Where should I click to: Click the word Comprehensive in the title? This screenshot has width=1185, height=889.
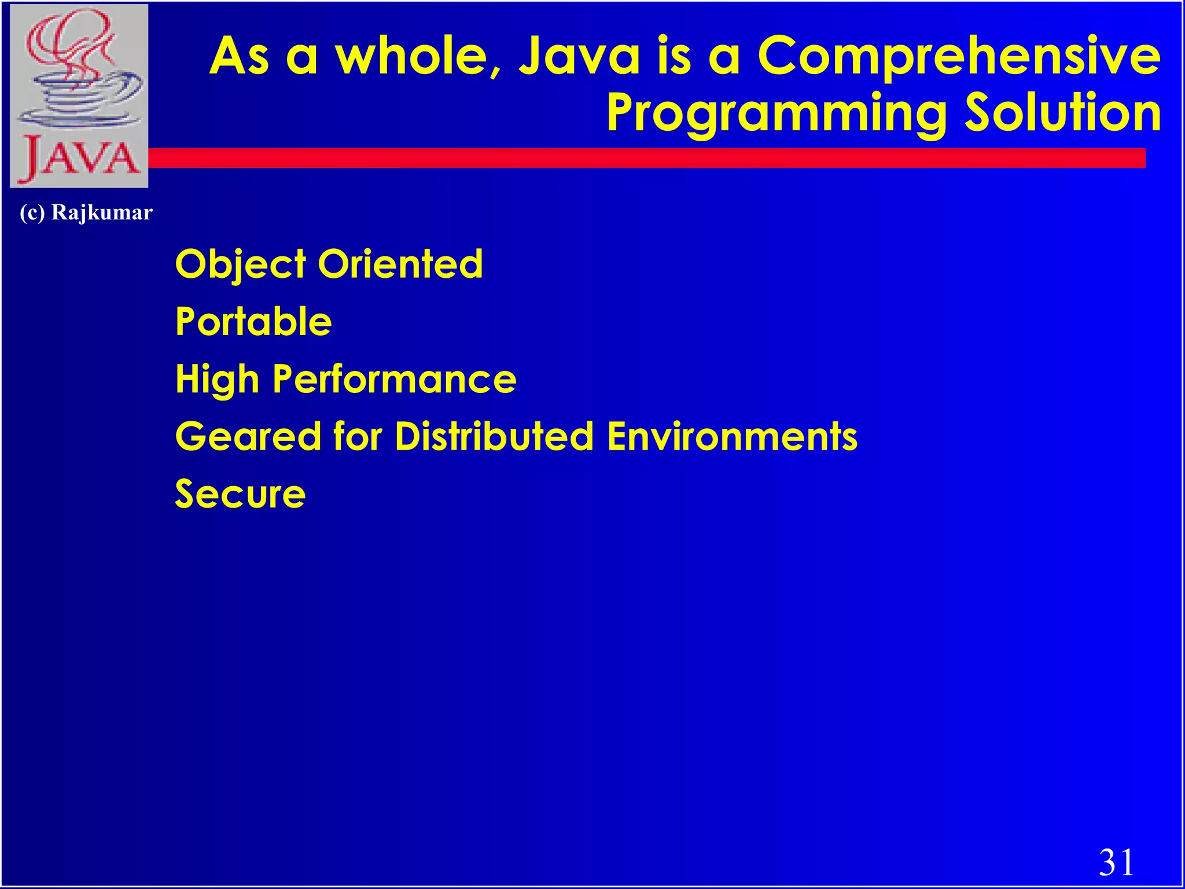tap(959, 57)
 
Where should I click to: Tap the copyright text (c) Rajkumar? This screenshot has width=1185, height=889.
tap(86, 213)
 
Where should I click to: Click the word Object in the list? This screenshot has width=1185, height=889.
tap(240, 265)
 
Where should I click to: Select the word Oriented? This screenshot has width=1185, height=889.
tap(400, 264)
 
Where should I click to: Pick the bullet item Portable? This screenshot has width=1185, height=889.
tap(253, 321)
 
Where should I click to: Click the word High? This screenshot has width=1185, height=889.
tap(217, 380)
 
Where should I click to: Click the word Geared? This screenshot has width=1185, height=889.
tap(248, 436)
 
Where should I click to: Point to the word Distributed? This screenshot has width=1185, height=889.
tap(494, 436)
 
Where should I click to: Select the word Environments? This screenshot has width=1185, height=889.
tap(732, 436)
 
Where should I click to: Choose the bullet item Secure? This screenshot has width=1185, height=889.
tap(240, 494)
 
